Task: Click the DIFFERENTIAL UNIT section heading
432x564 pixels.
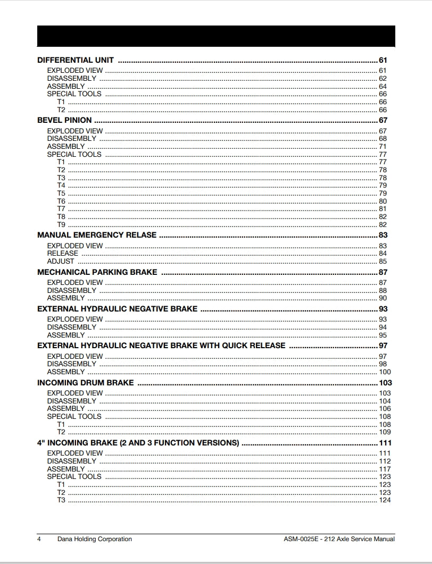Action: [75, 60]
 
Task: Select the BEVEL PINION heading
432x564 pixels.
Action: [64, 120]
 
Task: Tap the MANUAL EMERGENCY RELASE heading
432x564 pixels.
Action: [97, 235]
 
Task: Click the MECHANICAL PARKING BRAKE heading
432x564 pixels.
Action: [97, 272]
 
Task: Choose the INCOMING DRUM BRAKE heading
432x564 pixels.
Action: [85, 383]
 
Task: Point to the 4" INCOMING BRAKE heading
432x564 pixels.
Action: [138, 443]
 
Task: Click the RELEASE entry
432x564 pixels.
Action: [62, 254]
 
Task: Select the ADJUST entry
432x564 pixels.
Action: [61, 262]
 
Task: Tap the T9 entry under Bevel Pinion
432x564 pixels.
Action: [61, 225]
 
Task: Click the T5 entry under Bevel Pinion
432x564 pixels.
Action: [61, 193]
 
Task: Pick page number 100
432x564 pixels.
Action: [385, 372]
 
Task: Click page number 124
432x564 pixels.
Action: [385, 500]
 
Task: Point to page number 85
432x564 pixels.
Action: [383, 262]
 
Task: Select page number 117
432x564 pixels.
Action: [385, 469]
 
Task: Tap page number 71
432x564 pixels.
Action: [383, 147]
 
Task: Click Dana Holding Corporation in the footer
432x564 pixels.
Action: [95, 539]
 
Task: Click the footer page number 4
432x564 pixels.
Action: [39, 539]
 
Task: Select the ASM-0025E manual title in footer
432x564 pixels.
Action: [339, 539]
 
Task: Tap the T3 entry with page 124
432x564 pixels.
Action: [61, 500]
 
